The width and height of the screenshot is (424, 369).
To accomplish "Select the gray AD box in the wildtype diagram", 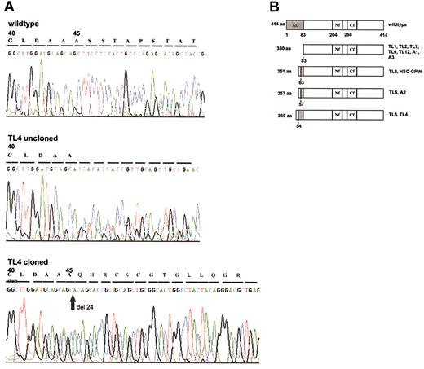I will pyautogui.click(x=295, y=27).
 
